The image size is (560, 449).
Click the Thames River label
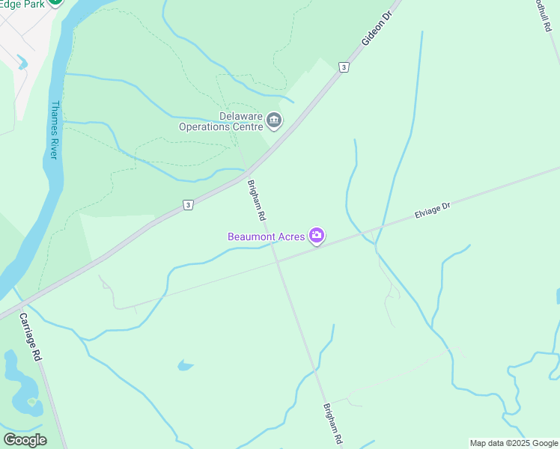(54, 129)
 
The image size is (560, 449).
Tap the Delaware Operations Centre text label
(220, 121)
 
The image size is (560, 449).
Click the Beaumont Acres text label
(267, 236)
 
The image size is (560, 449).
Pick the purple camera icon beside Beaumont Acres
(317, 236)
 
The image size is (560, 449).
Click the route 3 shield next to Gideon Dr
(343, 67)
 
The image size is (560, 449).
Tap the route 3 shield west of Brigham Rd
(188, 205)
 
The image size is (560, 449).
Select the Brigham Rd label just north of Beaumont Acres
(257, 200)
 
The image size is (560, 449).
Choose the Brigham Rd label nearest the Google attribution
(333, 424)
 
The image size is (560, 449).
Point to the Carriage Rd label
(31, 337)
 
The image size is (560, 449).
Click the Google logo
(25, 440)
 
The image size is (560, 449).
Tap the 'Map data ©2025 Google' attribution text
(514, 443)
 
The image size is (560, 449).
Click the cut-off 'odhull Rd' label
(543, 15)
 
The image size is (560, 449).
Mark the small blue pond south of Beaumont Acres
(185, 365)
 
